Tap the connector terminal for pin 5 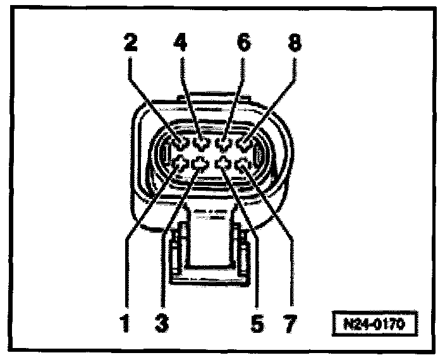223,165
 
